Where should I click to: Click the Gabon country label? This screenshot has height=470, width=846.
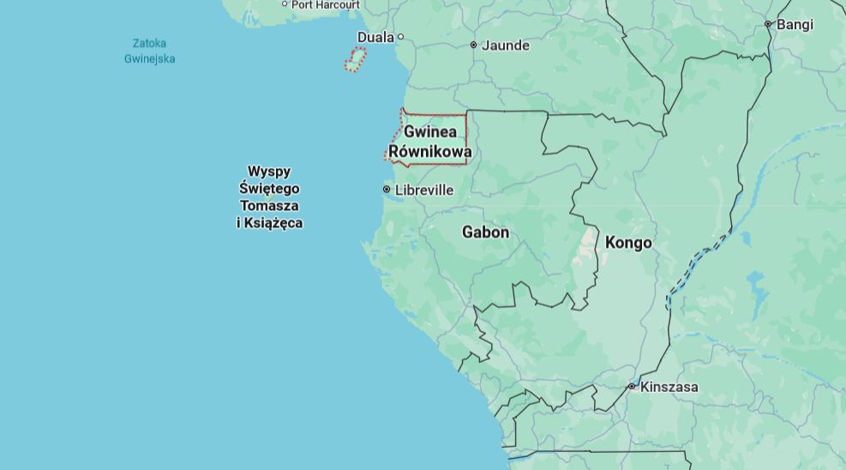(x=485, y=232)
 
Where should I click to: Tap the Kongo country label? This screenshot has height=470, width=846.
(x=628, y=243)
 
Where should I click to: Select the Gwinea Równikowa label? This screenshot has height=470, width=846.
(x=430, y=142)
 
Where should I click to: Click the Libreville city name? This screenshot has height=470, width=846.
(x=424, y=190)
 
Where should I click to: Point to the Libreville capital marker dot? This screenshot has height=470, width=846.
(x=387, y=190)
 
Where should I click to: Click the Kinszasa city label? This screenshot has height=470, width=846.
(x=669, y=387)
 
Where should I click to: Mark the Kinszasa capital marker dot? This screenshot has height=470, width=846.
(x=632, y=387)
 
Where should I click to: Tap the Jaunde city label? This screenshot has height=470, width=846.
(x=506, y=45)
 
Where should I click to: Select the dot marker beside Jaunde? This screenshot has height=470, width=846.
(x=473, y=45)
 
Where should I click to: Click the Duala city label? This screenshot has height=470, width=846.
(x=375, y=37)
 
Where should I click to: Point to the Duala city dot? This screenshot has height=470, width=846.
(x=400, y=37)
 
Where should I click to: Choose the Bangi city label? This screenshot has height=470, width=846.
(x=795, y=25)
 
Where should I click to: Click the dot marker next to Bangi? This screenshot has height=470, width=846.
(x=768, y=24)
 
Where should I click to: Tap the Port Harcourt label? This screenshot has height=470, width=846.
(x=326, y=5)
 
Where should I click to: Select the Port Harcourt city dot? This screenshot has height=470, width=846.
(x=285, y=4)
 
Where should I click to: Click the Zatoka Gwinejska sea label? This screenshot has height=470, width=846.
(x=149, y=51)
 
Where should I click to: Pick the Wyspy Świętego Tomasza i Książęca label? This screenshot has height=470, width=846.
(x=270, y=197)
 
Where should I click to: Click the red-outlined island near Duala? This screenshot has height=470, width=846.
(x=356, y=59)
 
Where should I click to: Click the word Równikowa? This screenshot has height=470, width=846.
(x=430, y=153)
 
